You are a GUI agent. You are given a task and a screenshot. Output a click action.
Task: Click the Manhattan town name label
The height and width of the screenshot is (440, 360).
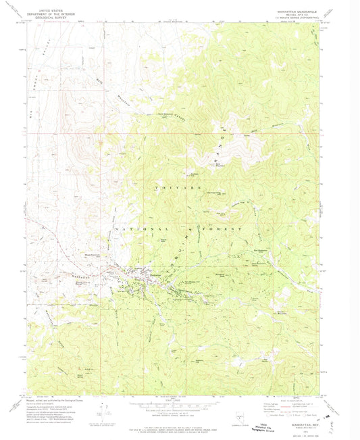pyautogui.click(x=156, y=274)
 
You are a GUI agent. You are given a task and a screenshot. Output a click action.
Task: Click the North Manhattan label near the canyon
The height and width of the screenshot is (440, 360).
pyautogui.click(x=147, y=114)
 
